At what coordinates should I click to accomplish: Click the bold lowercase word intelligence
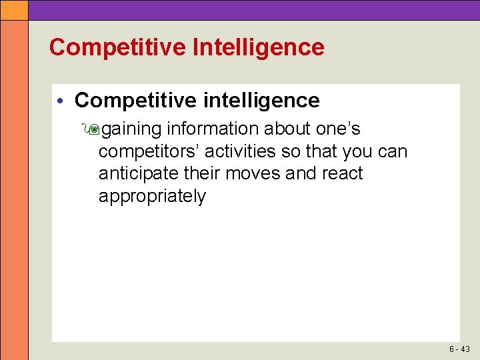pos(259,101)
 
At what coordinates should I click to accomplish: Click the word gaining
pos(132,129)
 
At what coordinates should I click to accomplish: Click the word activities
pos(238,151)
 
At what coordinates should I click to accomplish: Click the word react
pos(340,173)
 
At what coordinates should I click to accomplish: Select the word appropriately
pos(153,196)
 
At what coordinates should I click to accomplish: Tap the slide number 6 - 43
pos(459,349)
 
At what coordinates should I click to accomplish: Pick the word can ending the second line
pos(392,151)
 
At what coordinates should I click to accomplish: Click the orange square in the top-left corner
pos(14,9)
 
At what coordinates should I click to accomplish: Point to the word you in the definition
pos(357,152)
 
